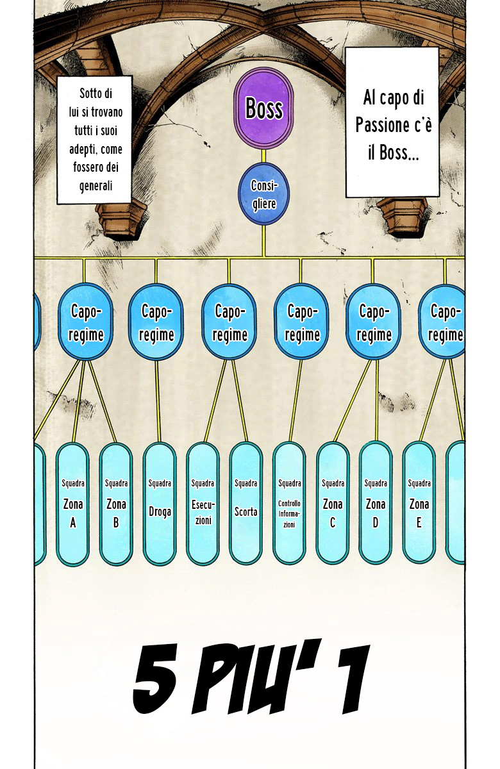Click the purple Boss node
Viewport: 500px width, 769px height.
pyautogui.click(x=263, y=108)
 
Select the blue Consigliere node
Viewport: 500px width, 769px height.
pyautogui.click(x=263, y=194)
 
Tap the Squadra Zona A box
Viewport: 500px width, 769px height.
pyautogui.click(x=72, y=503)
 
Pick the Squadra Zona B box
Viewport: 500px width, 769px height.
pyautogui.click(x=116, y=503)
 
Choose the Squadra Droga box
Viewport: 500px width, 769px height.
pyautogui.click(x=160, y=503)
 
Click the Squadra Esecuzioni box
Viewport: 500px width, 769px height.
pyautogui.click(x=203, y=503)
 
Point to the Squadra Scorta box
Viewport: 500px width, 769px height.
pyautogui.click(x=246, y=503)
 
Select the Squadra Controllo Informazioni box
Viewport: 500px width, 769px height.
pyautogui.click(x=289, y=503)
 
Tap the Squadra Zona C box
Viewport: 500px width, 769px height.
pyautogui.click(x=333, y=503)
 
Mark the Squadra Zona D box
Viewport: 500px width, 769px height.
pyautogui.click(x=376, y=503)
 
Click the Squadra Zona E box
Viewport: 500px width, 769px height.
pyautogui.click(x=419, y=503)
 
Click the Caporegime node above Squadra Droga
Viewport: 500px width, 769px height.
pyautogui.click(x=156, y=322)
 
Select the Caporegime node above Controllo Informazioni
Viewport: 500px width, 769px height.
pyautogui.click(x=302, y=322)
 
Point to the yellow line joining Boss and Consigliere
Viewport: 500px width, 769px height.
pyautogui.click(x=263, y=156)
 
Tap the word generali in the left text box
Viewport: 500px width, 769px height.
pyautogui.click(x=96, y=186)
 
